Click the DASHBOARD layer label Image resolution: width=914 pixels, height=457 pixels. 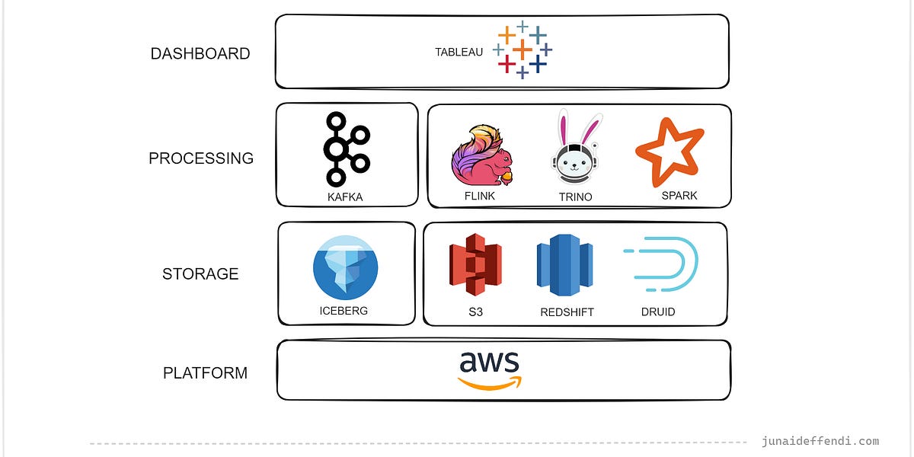point(200,53)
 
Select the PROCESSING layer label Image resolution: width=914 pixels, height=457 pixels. point(201,158)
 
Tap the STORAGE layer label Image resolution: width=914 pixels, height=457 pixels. point(200,274)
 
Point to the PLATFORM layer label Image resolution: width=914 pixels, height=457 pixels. point(205,373)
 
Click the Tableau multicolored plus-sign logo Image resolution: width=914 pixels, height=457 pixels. point(523,50)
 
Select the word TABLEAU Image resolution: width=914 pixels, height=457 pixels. point(459,53)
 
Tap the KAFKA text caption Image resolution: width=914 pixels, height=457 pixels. point(345,197)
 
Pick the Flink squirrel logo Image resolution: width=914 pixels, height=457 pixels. point(481,155)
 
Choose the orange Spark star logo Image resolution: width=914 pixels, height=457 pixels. point(669,151)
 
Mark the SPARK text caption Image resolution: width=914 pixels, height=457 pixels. point(679,196)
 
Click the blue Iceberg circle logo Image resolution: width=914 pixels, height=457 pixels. point(345,267)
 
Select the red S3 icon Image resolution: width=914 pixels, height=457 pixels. point(475,264)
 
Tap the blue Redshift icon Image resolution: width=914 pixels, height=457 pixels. point(564,264)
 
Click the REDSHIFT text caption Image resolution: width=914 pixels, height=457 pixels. point(567,312)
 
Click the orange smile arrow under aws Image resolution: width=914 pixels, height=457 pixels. point(490,382)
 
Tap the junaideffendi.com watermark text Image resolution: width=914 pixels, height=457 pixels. point(820,441)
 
